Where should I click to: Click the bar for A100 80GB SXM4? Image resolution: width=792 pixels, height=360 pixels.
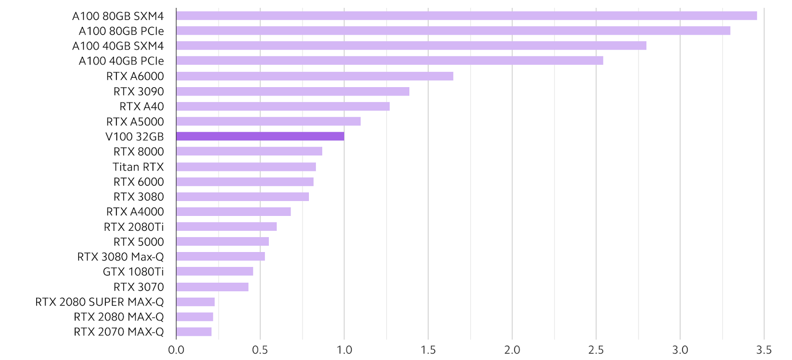click(x=466, y=16)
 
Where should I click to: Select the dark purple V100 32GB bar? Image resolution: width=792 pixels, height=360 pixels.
click(x=260, y=136)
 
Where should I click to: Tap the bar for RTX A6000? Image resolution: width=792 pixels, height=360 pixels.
click(x=314, y=76)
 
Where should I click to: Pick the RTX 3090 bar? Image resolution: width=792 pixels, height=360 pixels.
click(x=293, y=91)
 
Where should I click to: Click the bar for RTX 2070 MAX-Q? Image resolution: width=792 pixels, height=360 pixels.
click(x=194, y=332)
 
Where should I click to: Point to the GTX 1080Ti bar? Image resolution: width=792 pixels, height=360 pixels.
click(x=214, y=271)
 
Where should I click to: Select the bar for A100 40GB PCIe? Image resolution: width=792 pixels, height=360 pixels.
click(x=390, y=61)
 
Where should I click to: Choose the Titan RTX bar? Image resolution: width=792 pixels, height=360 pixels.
click(x=246, y=167)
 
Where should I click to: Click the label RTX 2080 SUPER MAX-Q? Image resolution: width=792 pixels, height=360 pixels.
click(x=99, y=302)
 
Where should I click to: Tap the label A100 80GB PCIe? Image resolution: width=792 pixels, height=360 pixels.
click(x=121, y=31)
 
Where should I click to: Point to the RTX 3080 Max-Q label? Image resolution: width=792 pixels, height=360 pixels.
click(x=120, y=257)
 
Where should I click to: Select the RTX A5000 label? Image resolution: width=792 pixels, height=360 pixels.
click(x=135, y=121)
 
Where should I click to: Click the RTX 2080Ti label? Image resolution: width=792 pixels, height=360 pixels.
click(x=134, y=227)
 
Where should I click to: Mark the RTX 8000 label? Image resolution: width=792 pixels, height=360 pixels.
click(x=139, y=152)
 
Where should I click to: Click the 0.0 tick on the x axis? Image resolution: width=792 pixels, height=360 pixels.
click(x=176, y=350)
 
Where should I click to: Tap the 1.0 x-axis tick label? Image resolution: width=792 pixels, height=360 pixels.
click(x=344, y=350)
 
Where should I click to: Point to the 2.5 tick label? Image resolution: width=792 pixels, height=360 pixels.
click(x=596, y=350)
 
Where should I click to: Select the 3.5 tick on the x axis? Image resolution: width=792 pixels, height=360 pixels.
click(x=764, y=350)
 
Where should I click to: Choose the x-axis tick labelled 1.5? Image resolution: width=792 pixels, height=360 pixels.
click(x=428, y=350)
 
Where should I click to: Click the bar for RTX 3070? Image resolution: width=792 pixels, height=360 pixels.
click(x=212, y=287)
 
